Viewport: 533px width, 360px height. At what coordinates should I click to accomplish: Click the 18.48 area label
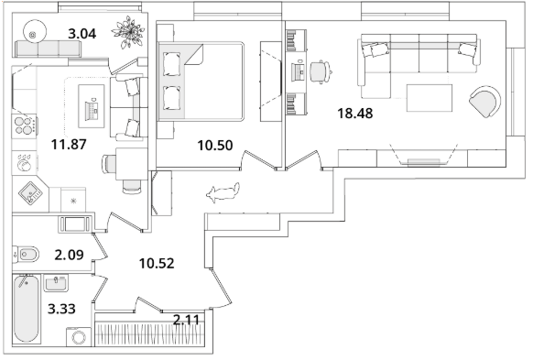[x=355, y=114]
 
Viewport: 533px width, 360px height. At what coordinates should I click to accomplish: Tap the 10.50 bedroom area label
[x=215, y=146]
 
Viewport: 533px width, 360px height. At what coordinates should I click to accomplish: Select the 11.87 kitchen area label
[x=69, y=145]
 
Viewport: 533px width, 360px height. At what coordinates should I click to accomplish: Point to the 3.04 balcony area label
[x=82, y=34]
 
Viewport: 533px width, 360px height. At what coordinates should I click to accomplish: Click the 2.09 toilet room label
[x=69, y=255]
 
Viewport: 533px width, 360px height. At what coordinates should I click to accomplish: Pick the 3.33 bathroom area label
[x=61, y=309]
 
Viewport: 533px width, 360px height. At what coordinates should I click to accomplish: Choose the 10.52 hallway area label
[x=157, y=263]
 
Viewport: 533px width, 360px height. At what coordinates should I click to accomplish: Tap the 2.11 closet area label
[x=186, y=319]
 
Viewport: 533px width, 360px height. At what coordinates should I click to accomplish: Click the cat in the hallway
[x=223, y=192]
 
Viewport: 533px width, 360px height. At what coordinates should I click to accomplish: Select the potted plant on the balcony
[x=128, y=32]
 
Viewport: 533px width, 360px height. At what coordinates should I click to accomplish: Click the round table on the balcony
[x=34, y=32]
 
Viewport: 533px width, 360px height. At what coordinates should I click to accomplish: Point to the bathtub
[x=27, y=309]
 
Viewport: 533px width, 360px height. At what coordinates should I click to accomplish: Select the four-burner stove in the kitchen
[x=25, y=126]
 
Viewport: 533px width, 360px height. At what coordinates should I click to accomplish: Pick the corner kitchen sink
[x=30, y=193]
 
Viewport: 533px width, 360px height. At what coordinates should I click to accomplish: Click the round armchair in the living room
[x=484, y=102]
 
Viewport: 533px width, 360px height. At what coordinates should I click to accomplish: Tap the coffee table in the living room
[x=430, y=98]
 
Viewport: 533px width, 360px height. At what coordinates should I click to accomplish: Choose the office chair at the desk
[x=321, y=71]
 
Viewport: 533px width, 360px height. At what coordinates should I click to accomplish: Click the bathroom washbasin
[x=56, y=283]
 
